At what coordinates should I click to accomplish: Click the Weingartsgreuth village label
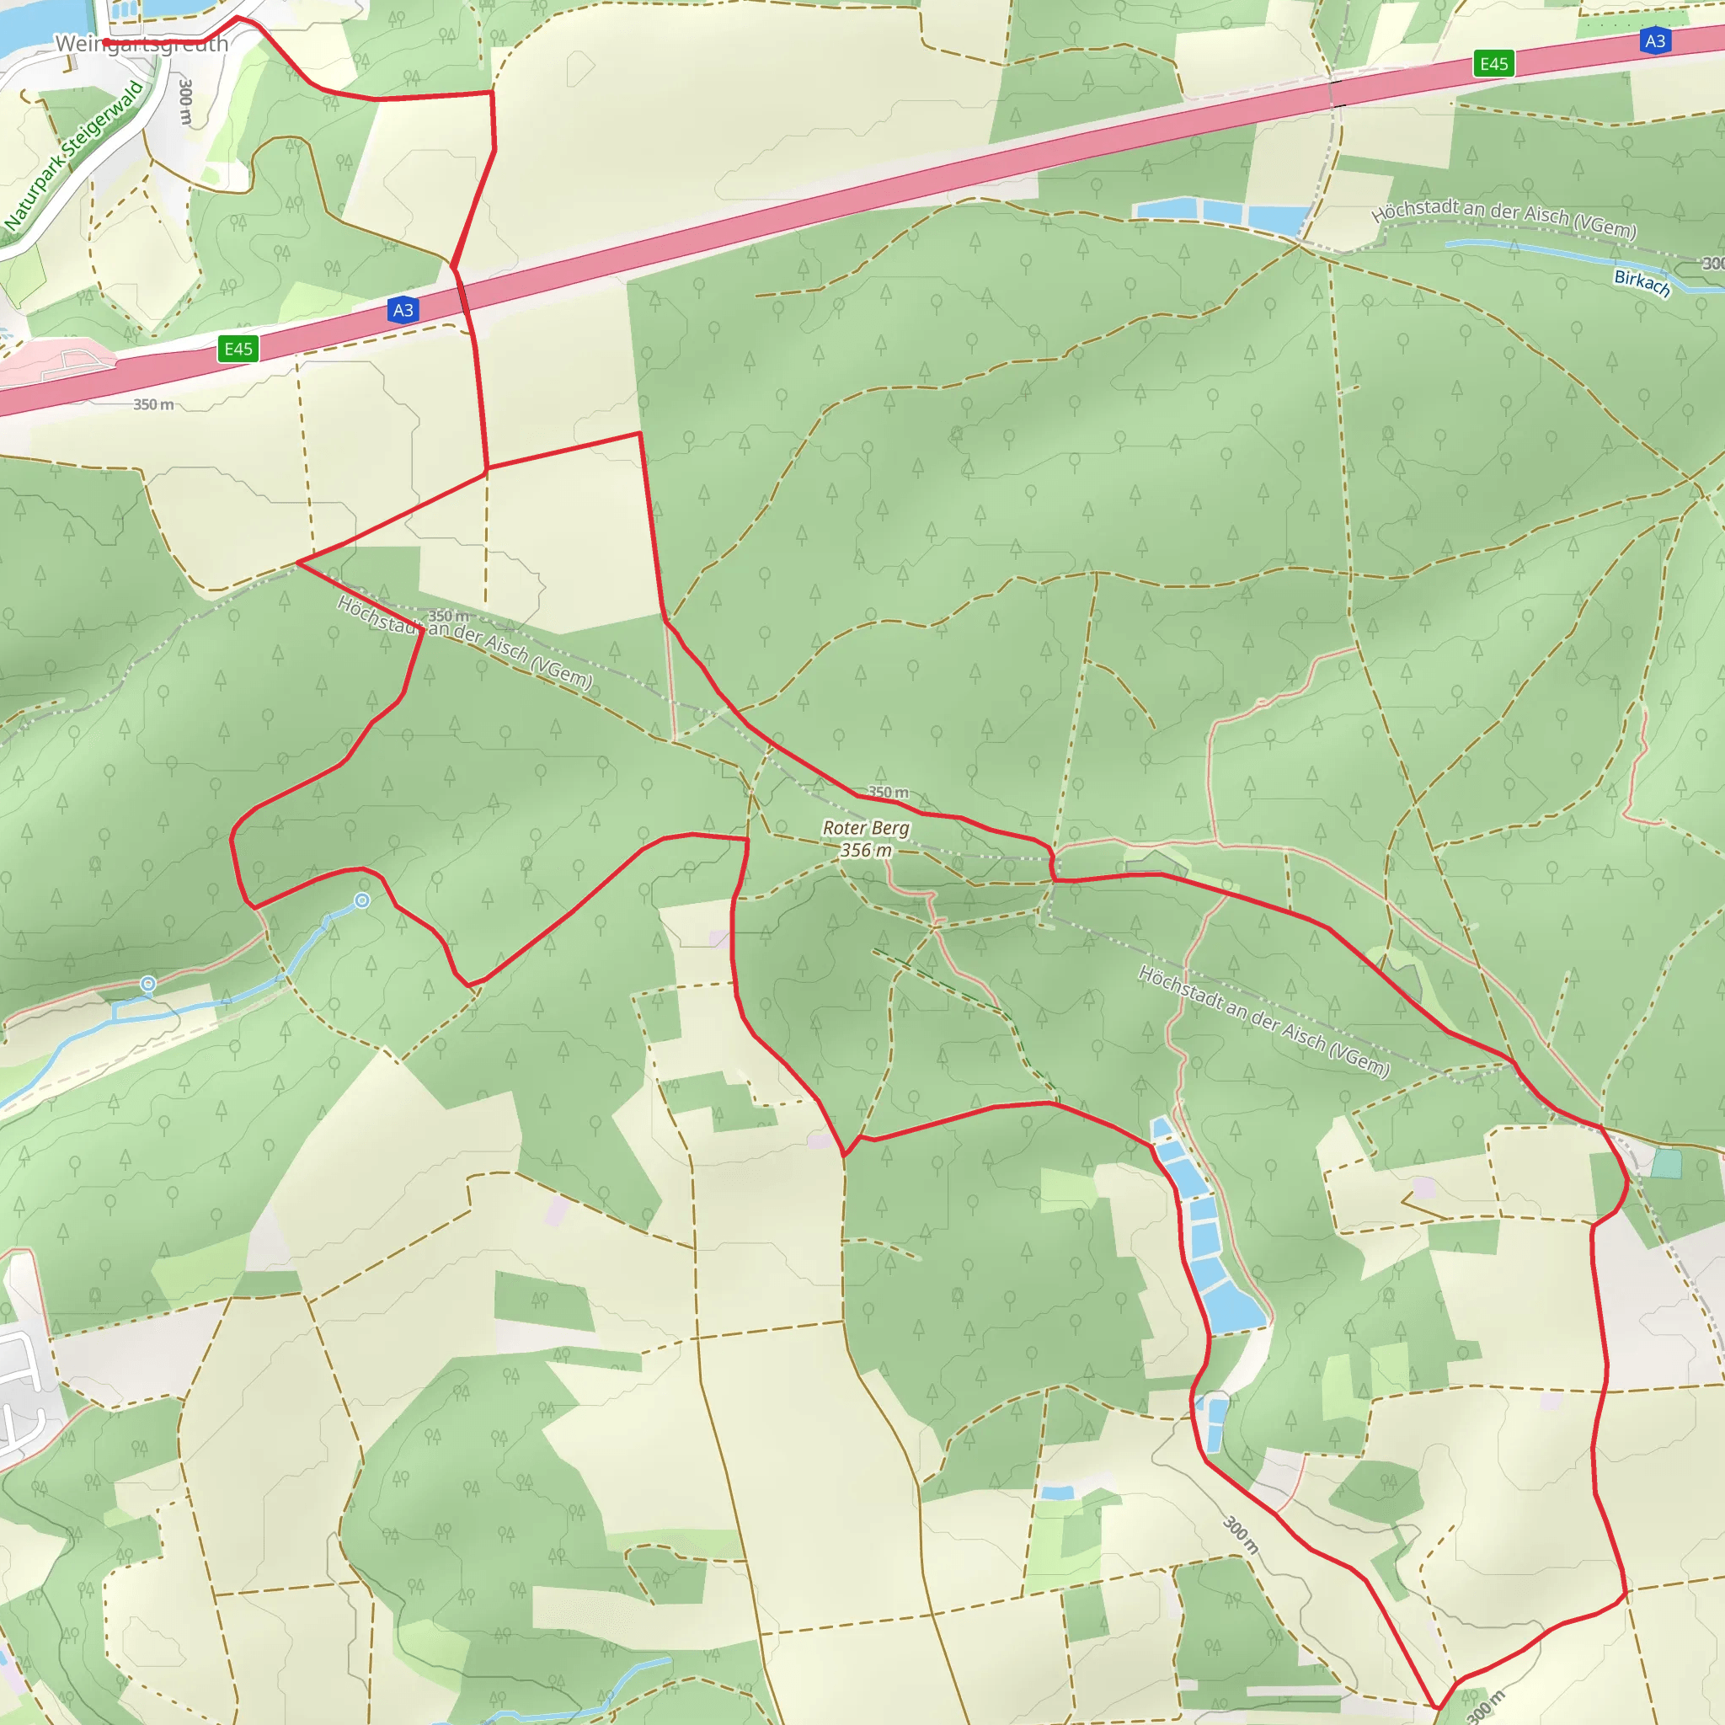(141, 44)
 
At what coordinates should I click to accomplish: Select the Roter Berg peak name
(865, 828)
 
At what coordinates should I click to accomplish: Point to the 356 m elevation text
(865, 850)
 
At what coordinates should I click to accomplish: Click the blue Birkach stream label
(1641, 282)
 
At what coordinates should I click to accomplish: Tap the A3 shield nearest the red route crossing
(403, 310)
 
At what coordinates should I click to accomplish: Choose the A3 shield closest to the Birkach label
(1654, 41)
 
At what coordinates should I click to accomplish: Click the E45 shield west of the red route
(238, 348)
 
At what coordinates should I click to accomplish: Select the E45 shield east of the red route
(1493, 63)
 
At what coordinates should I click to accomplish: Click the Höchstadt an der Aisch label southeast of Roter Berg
(1263, 1022)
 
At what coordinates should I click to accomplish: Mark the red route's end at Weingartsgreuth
(105, 42)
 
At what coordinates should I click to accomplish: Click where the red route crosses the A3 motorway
(462, 296)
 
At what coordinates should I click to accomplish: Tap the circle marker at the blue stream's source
(361, 901)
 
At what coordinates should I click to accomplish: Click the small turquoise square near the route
(1666, 1163)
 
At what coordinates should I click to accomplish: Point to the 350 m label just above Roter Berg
(888, 792)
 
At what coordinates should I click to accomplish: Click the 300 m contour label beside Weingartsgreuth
(184, 102)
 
